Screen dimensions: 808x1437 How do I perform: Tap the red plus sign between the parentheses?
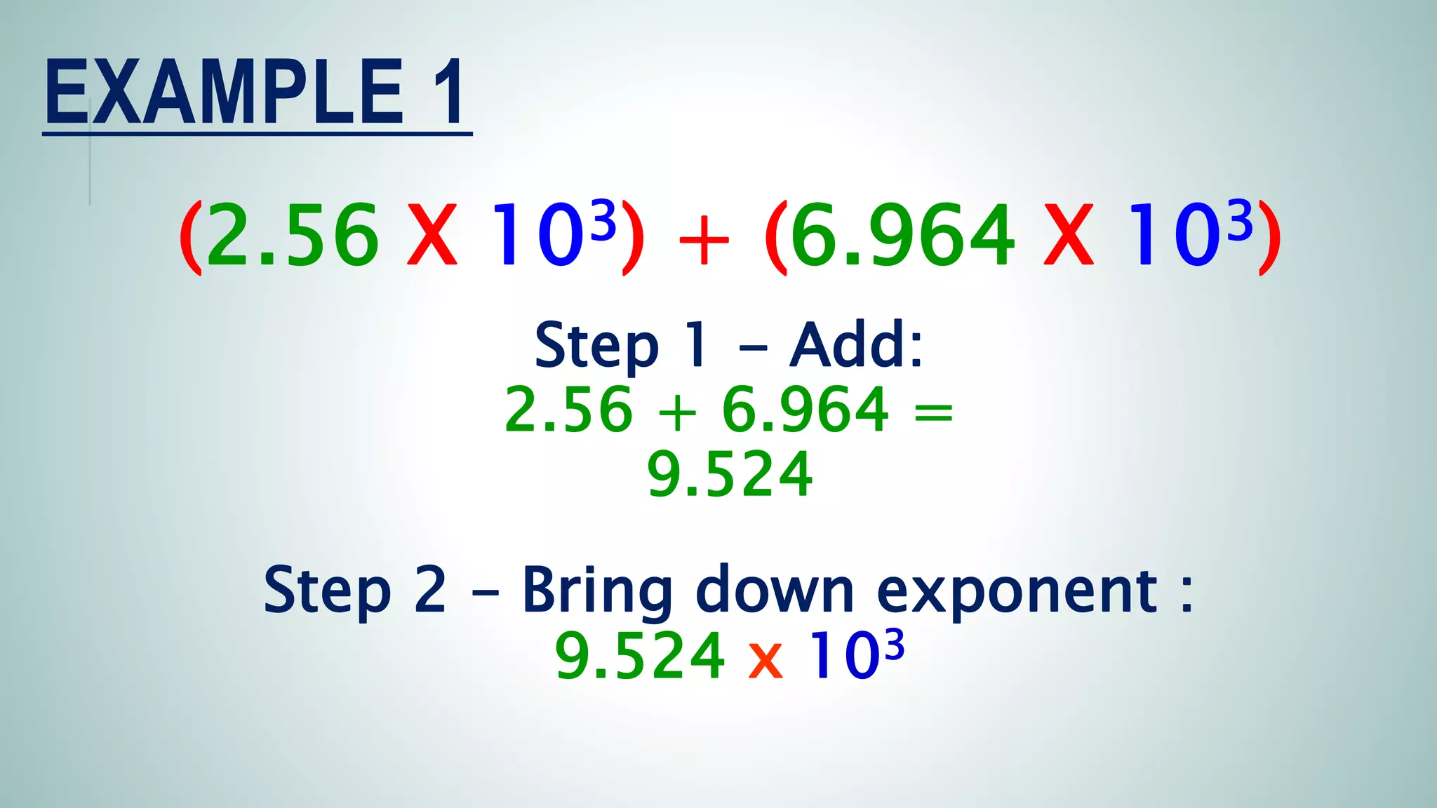(704, 242)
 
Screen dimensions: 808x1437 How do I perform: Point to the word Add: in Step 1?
(856, 344)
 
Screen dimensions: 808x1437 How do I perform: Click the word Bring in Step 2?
(597, 591)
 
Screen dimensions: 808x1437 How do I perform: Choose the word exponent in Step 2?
(1017, 593)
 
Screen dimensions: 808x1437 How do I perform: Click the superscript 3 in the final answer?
(894, 645)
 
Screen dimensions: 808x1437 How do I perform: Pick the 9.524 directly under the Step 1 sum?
(730, 475)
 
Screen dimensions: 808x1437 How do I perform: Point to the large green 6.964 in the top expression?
(902, 235)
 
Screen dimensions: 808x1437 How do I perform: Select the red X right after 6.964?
(1069, 235)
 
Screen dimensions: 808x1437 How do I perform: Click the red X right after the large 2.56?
(432, 235)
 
